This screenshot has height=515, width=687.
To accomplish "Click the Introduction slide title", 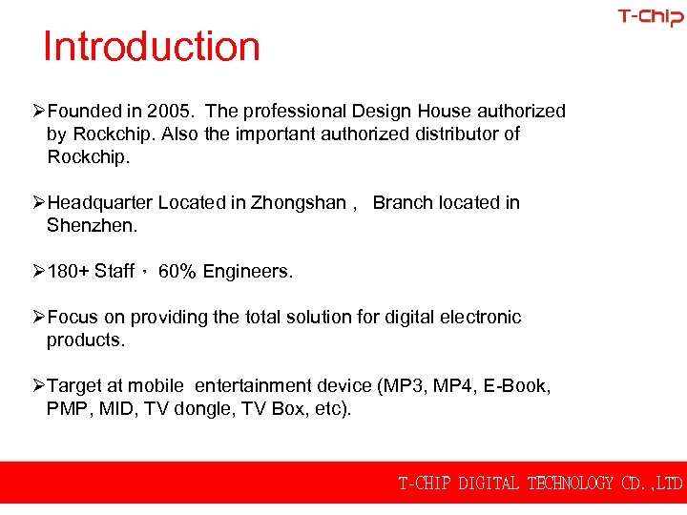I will [x=152, y=47].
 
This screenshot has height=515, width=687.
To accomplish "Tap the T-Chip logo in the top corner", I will [x=650, y=17].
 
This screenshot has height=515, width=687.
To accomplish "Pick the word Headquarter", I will [x=99, y=202].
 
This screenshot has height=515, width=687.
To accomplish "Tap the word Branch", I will [x=401, y=202].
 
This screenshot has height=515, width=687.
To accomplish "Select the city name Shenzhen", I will [x=91, y=225].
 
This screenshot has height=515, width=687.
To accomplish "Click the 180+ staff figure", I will [x=69, y=272].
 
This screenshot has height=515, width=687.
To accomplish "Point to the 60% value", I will [x=177, y=272].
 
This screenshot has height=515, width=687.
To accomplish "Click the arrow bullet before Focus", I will [x=39, y=317].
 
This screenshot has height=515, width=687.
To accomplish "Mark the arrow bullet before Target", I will [x=39, y=385].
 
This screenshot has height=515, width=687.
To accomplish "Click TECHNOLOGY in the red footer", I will [x=571, y=484].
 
